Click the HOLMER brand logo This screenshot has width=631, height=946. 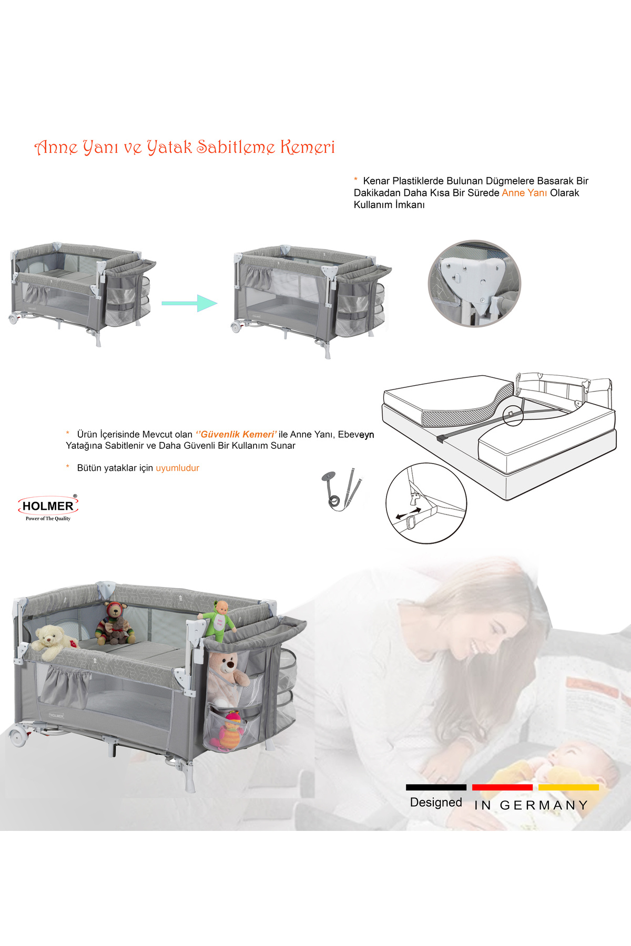pos(48,508)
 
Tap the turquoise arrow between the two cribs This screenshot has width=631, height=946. pos(189,303)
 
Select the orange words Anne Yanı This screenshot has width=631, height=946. pos(524,193)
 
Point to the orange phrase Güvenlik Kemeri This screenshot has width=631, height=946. pos(236,434)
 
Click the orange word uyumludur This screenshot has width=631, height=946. pos(177,468)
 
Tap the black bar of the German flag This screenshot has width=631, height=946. pos(436,787)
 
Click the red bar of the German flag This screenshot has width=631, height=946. pos(502,787)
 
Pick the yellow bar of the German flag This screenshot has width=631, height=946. pos(568,787)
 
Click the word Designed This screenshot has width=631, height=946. pos(436,803)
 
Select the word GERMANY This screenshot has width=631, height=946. pos(544,805)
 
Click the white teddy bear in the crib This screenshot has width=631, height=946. pos(53,641)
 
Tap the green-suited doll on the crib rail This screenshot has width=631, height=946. pos(218,621)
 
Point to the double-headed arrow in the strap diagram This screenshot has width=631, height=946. pos(408,513)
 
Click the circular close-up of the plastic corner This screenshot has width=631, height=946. pos(474,284)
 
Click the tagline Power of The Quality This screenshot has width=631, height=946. pos(48,519)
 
